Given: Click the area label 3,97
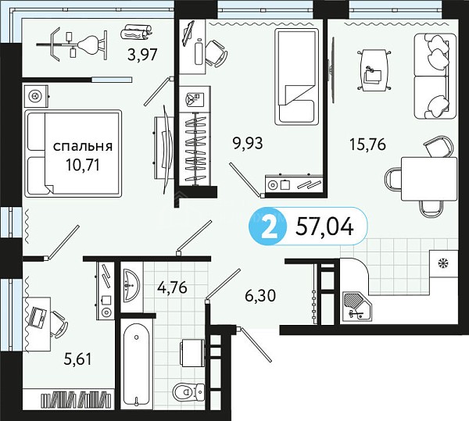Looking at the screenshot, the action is (142, 55).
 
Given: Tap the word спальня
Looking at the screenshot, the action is (83, 146).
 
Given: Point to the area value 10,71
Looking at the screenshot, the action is (83, 165).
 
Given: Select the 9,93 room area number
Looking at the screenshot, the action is (248, 143).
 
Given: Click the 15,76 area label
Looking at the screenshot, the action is (368, 144).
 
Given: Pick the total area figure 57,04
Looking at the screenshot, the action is (324, 227).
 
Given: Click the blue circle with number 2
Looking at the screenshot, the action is (268, 227).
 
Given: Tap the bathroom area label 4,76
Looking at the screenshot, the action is (173, 287).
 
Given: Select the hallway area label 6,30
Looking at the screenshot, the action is (260, 296).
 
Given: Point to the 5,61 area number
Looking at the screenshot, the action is (77, 359).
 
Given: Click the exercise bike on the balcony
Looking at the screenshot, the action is (72, 45).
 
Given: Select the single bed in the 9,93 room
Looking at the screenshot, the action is (297, 77).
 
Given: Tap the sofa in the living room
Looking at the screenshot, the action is (435, 76).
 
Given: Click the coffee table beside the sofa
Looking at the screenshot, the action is (374, 70).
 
